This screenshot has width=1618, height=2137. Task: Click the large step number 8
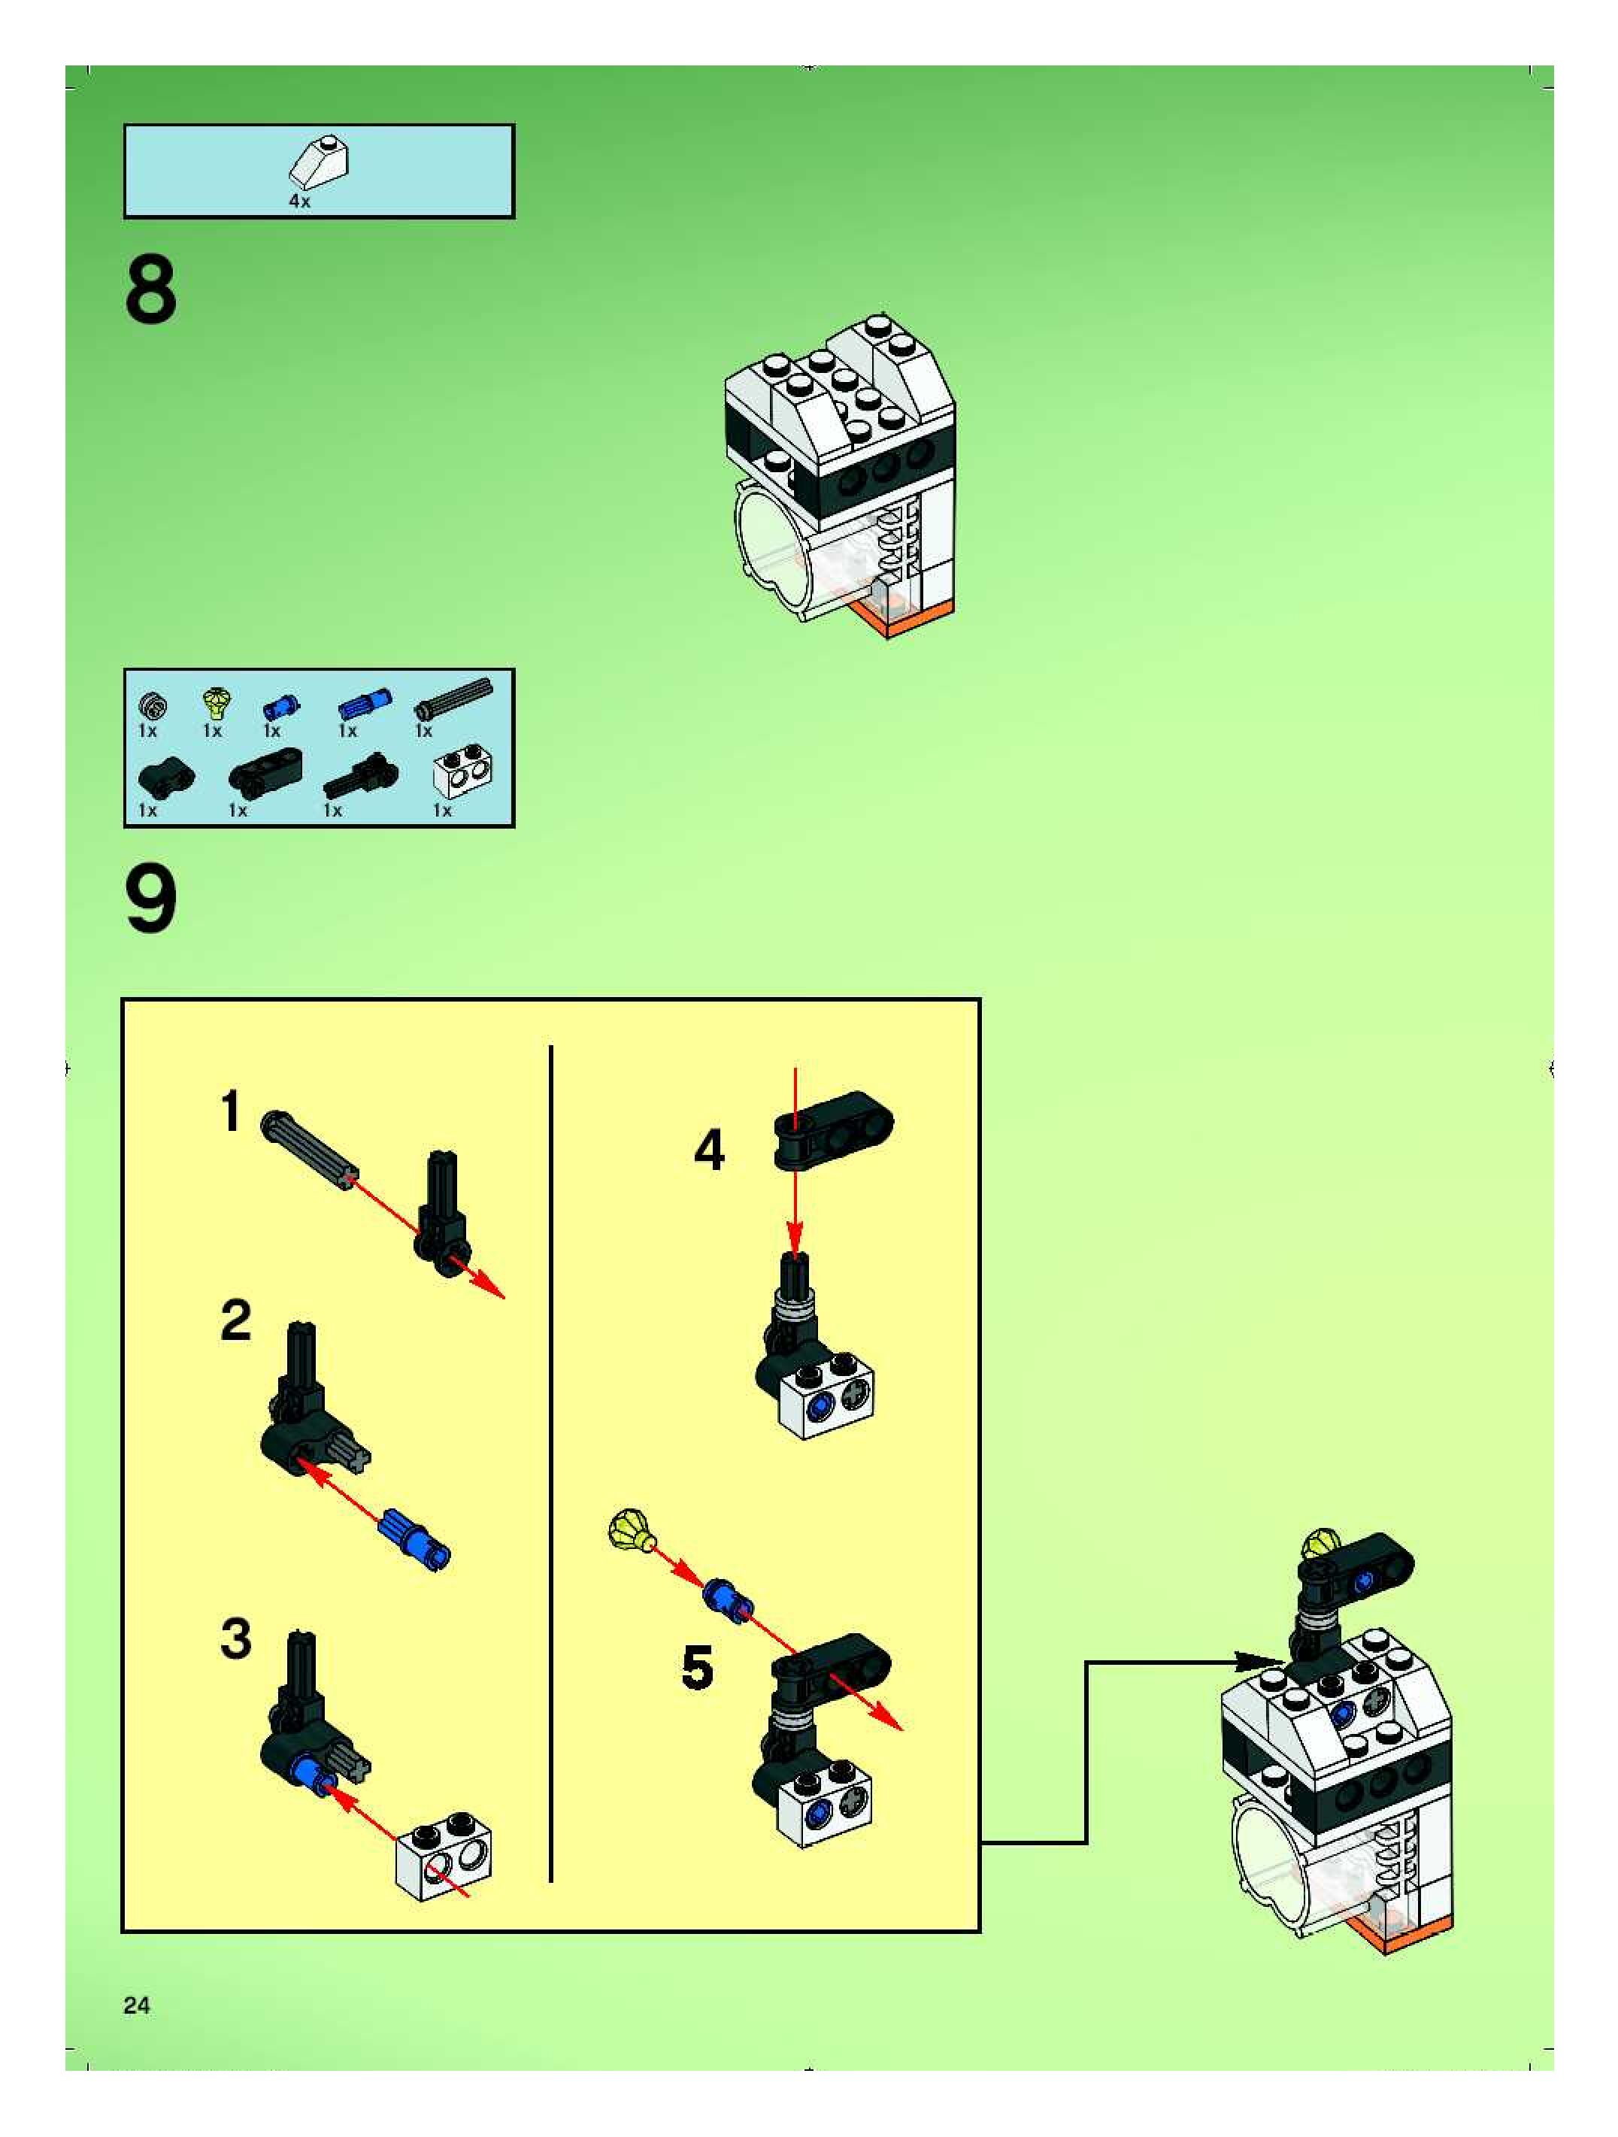(x=150, y=289)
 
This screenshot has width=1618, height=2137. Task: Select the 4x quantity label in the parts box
(x=299, y=201)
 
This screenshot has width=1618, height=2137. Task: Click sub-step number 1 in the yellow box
(x=230, y=1111)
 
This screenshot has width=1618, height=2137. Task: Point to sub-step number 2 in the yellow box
(x=235, y=1320)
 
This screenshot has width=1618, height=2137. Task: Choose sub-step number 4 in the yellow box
(x=709, y=1150)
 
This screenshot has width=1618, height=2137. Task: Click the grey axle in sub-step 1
(x=308, y=1150)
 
